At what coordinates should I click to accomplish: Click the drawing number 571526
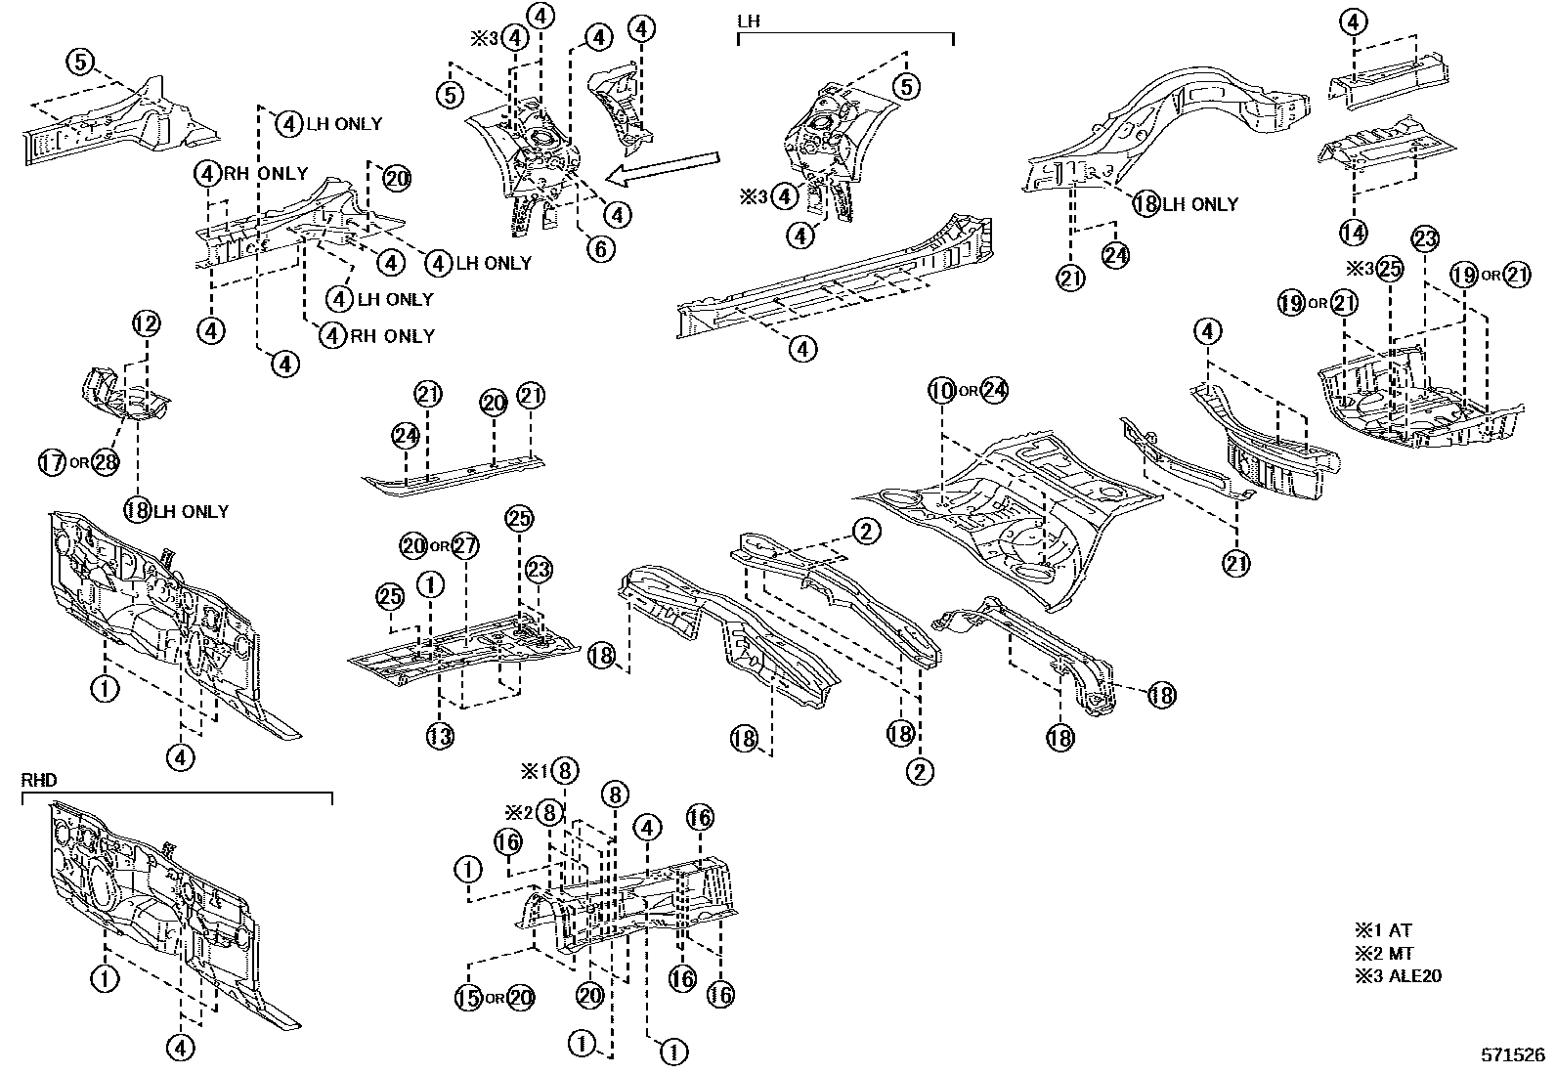click(x=1512, y=1056)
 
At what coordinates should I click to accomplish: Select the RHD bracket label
click(x=38, y=780)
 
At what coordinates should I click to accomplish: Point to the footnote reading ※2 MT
click(x=1384, y=954)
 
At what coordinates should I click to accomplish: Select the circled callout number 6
click(x=600, y=249)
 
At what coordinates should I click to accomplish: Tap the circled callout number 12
click(x=146, y=324)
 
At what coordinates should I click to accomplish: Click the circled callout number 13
click(x=440, y=736)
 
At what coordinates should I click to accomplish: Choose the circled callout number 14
click(x=1353, y=233)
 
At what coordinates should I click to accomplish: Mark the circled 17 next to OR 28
click(x=53, y=461)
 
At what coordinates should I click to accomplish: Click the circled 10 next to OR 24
click(x=941, y=391)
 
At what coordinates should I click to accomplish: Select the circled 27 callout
click(x=465, y=545)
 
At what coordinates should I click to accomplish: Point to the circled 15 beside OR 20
click(x=469, y=998)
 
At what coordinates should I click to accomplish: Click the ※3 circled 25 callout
click(x=1390, y=271)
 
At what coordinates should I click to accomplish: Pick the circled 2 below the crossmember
click(x=919, y=772)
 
